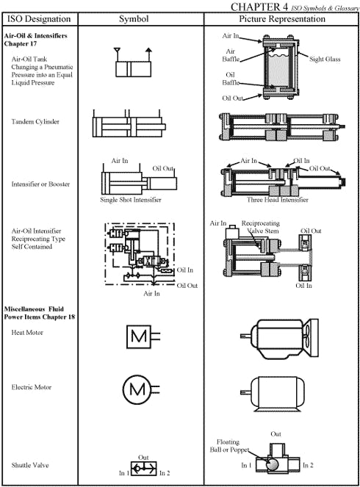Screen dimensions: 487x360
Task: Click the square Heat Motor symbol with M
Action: pyautogui.click(x=137, y=336)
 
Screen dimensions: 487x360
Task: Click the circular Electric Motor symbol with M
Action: pyautogui.click(x=137, y=387)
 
